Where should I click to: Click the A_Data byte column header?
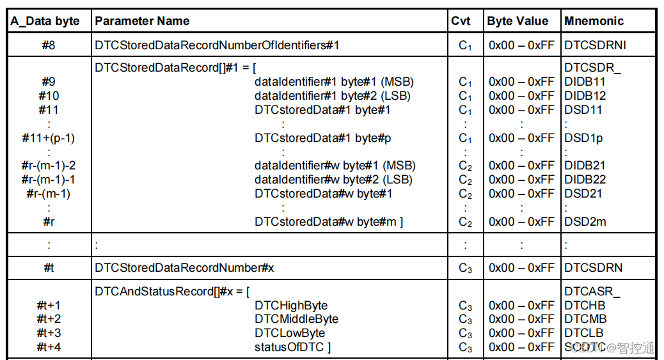(x=45, y=21)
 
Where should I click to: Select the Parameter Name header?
(x=142, y=21)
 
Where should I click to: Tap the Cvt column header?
(x=461, y=21)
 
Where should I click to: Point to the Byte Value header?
(x=518, y=21)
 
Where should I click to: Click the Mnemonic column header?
(x=594, y=21)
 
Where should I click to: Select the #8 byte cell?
(x=48, y=45)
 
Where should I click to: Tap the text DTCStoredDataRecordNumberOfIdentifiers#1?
(x=216, y=45)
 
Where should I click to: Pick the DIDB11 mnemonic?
(x=585, y=82)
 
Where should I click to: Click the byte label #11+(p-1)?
(x=48, y=137)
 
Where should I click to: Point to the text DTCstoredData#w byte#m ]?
(x=329, y=222)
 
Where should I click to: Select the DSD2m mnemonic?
(x=585, y=222)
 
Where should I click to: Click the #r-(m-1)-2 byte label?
(x=48, y=166)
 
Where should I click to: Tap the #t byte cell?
(x=48, y=268)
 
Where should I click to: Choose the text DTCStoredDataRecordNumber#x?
(x=184, y=268)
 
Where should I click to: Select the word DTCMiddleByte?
(x=296, y=319)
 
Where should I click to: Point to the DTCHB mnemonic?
(x=582, y=305)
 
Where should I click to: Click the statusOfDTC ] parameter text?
(x=292, y=347)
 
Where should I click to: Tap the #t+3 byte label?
(x=49, y=333)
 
